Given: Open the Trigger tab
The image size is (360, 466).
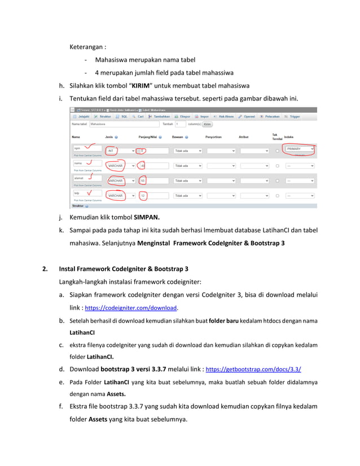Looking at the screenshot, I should (293, 117).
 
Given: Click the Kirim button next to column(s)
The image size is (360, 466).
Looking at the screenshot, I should (207, 124).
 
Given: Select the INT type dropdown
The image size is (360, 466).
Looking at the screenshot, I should (120, 151).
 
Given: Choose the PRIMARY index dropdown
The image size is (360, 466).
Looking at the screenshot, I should (300, 149).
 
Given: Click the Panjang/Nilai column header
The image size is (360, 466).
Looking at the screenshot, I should (151, 137).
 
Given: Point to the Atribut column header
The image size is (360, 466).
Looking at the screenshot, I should (244, 137).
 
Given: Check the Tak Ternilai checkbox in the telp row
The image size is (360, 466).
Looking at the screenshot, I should (277, 196).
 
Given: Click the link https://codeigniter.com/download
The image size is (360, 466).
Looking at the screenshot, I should (131, 309).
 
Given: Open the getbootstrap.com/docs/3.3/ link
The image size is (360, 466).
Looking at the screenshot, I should (253, 370).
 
